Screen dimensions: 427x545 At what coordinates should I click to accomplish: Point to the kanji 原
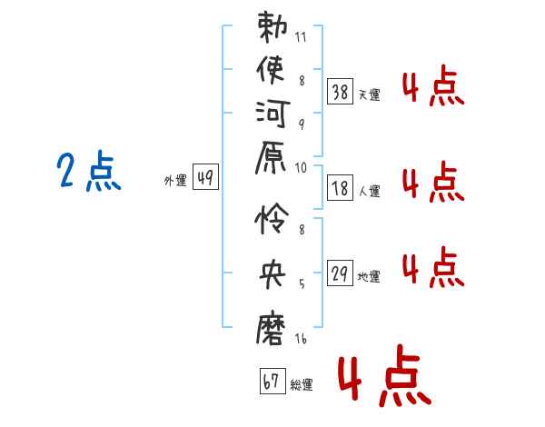272,168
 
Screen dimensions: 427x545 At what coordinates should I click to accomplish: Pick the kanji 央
272,272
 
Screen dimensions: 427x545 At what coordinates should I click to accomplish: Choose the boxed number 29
339,273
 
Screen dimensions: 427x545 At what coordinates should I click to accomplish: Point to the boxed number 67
270,382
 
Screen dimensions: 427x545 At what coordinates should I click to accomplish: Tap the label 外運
175,181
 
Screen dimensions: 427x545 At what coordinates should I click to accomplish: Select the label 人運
369,191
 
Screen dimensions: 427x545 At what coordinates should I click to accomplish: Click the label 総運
302,385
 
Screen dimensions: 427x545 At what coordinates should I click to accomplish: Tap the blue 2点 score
88,173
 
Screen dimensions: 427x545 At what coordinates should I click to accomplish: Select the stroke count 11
300,38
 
